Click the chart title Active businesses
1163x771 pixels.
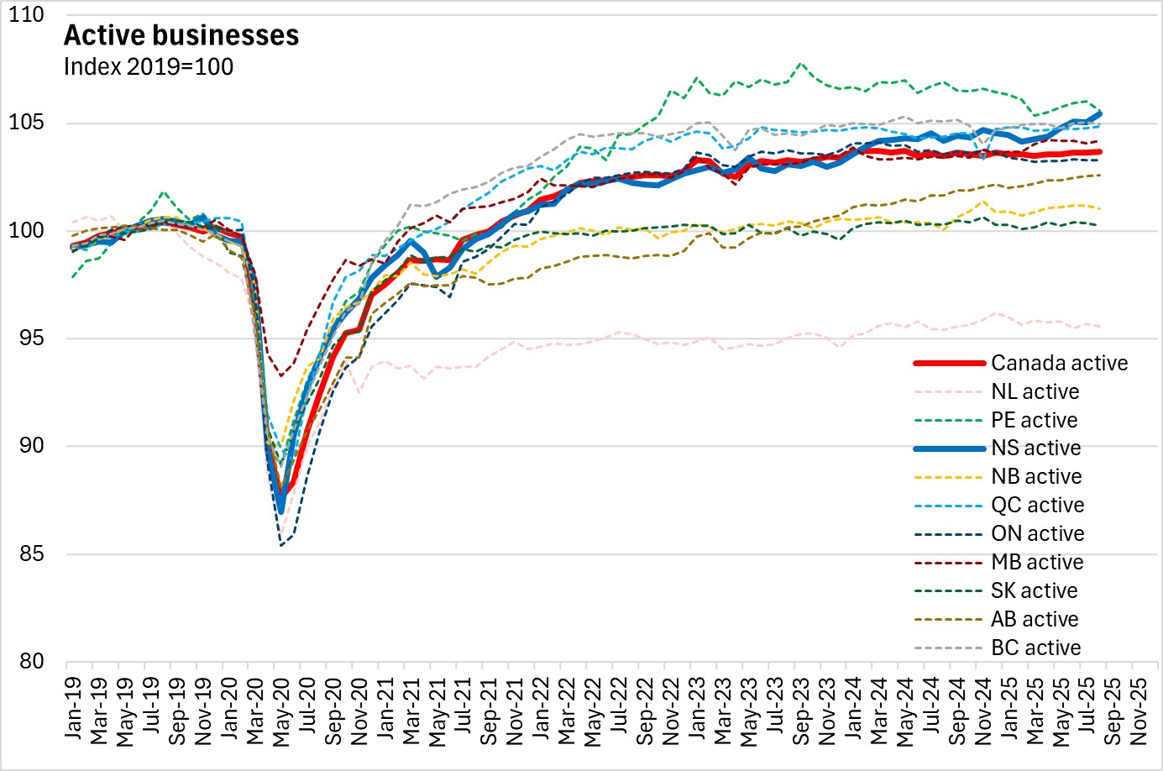click(x=181, y=35)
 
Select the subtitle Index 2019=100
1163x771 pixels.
click(x=149, y=67)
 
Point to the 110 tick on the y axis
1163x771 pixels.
click(x=27, y=15)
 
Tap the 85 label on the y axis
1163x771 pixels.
click(x=32, y=554)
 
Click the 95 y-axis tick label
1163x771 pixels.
click(x=32, y=338)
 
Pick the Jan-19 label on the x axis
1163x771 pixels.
click(x=75, y=710)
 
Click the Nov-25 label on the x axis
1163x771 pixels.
click(x=1139, y=711)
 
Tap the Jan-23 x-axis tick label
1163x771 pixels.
click(x=698, y=710)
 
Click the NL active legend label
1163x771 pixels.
click(x=1035, y=391)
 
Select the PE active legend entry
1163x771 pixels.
click(x=1034, y=420)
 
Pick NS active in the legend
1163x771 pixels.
click(x=1035, y=448)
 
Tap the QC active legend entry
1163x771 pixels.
click(x=1037, y=505)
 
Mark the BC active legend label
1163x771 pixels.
click(x=1035, y=648)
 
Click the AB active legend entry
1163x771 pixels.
click(x=1035, y=619)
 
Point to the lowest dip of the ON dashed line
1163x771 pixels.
click(x=281, y=546)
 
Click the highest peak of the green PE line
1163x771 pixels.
click(x=800, y=63)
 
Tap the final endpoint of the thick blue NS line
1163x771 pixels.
click(x=1100, y=113)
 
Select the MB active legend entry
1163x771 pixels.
click(x=1037, y=562)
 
